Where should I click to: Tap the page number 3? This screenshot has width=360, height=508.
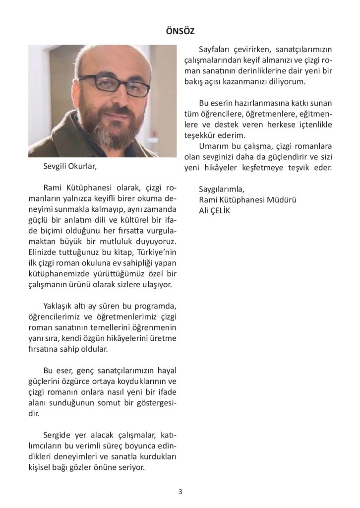(180, 492)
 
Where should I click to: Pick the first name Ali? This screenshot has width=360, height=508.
(204, 210)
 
